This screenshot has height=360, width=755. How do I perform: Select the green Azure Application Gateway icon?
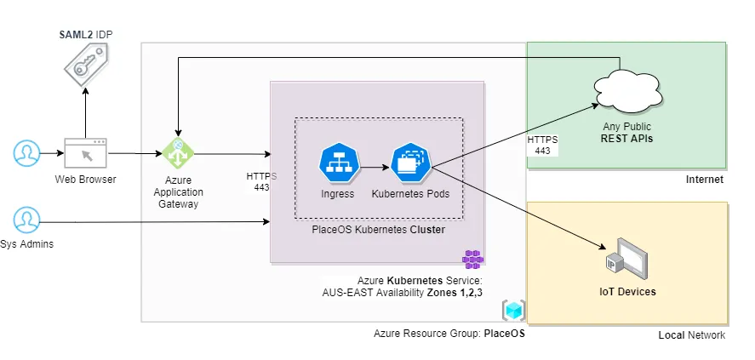tap(179, 154)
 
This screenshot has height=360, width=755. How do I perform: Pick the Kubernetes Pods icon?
tap(412, 163)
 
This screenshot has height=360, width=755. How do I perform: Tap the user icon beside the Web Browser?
tap(27, 154)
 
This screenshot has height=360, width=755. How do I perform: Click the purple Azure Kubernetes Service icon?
tap(472, 259)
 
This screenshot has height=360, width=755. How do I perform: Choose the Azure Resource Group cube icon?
tap(513, 311)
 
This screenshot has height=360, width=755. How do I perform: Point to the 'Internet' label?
tap(704, 180)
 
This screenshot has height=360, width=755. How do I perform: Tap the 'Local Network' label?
tap(691, 335)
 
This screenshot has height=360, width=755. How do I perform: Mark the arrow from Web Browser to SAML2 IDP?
tap(86, 112)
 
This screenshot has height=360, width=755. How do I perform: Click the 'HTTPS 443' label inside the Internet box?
tap(541, 145)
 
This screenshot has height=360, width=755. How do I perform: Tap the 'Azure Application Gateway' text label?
tap(179, 192)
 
